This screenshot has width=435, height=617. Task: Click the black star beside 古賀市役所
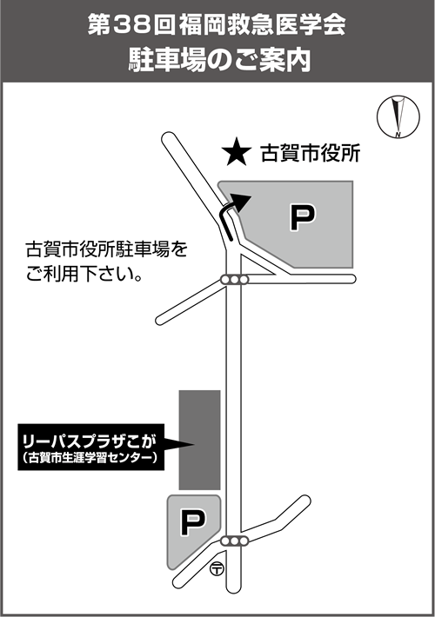pos(236,152)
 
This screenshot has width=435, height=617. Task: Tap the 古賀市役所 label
pos(310,153)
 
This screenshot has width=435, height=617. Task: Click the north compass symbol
pos(398,116)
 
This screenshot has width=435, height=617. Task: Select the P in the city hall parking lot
pos(303,216)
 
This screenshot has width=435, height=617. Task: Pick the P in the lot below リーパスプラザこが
pos(192,521)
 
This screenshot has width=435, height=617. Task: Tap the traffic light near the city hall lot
pos(234,280)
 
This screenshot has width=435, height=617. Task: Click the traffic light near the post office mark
pos(234,541)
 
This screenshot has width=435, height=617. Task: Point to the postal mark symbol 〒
pos(217,568)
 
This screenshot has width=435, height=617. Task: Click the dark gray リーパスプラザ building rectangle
pos(199,440)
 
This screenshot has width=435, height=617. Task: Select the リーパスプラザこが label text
pos(90,442)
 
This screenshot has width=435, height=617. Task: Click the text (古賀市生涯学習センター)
pos(90,458)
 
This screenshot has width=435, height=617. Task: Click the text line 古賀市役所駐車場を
pos(106,249)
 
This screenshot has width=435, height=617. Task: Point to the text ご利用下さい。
pos(84,274)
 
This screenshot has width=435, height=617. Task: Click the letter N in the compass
pos(398,135)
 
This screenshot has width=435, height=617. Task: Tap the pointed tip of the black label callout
pos(194,445)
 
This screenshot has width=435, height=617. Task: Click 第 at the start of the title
pos(99,25)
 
